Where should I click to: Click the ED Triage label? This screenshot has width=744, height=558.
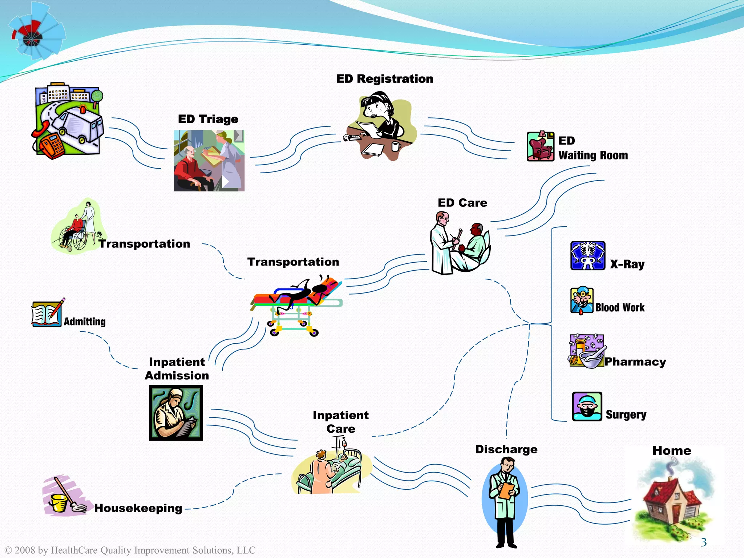[x=208, y=119]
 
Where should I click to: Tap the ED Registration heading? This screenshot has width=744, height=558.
[x=384, y=79]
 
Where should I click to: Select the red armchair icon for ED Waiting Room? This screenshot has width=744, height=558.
[x=540, y=146]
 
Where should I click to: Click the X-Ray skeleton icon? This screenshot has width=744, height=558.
[x=587, y=255]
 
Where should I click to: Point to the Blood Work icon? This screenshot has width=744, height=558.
[x=582, y=300]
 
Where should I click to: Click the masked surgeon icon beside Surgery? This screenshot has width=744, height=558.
[x=587, y=407]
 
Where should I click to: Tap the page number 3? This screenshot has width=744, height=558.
[x=704, y=542]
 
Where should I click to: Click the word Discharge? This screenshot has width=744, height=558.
[x=506, y=449]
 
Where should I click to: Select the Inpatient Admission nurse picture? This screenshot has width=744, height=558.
[x=176, y=413]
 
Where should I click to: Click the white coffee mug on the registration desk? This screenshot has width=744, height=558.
[x=396, y=146]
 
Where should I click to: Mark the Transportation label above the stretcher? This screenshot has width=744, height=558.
[x=293, y=262]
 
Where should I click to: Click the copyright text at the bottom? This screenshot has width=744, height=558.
[x=130, y=550]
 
